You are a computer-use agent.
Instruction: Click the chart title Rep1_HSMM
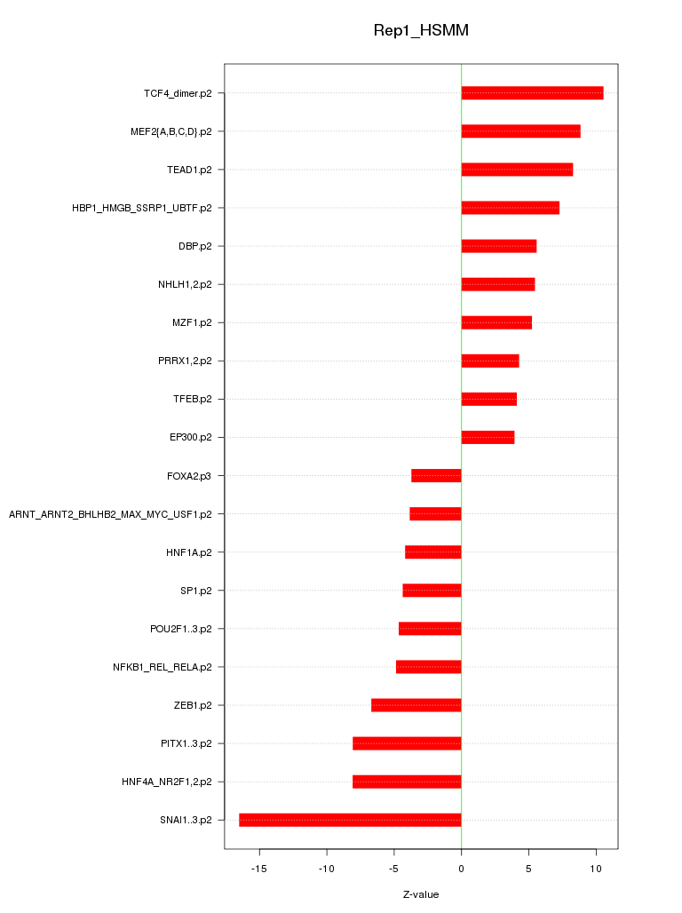click(x=421, y=31)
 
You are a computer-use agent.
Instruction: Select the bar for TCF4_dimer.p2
click(x=532, y=93)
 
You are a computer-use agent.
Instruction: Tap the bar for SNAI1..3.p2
click(x=350, y=820)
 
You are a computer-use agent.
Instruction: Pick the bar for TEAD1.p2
click(x=517, y=170)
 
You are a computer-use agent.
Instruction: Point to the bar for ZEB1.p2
click(x=416, y=705)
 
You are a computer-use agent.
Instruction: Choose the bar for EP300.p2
click(x=488, y=437)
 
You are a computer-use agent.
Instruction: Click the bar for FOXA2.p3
click(x=436, y=476)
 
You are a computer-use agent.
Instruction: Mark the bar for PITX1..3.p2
click(x=407, y=743)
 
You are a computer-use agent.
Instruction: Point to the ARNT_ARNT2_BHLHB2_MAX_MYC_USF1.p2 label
click(x=110, y=514)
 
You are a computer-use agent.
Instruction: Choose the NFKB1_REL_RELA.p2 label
click(x=163, y=667)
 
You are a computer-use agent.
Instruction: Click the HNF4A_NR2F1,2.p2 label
click(x=167, y=782)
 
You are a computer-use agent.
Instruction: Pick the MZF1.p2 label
click(x=192, y=322)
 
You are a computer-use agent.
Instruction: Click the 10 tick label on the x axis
click(x=596, y=868)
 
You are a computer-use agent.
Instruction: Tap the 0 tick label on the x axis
click(x=461, y=868)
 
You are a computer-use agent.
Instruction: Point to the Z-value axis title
click(x=421, y=894)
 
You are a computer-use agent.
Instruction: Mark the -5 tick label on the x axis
click(x=394, y=868)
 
